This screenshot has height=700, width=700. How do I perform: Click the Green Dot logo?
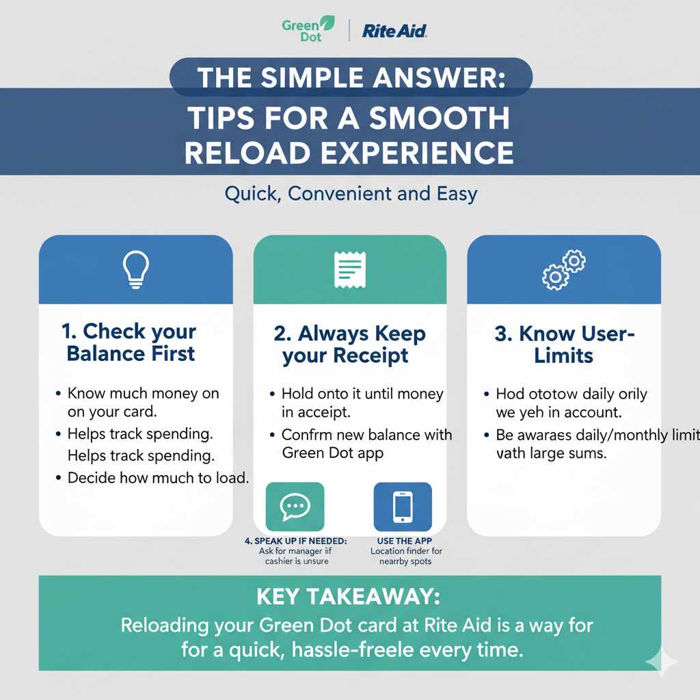coord(308,29)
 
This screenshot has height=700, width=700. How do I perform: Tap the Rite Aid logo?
coord(394,30)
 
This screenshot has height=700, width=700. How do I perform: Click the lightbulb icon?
coord(135,269)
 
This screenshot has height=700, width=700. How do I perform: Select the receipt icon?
coord(349,269)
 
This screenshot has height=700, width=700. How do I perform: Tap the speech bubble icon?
coord(295,507)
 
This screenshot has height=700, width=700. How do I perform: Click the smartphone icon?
coord(403,507)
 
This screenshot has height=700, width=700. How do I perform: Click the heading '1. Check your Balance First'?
coord(130,342)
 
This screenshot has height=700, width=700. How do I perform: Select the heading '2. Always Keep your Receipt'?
coord(349,345)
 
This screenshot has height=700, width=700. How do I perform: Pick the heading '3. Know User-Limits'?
coord(564,345)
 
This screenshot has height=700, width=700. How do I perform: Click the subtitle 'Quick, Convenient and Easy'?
coord(350,193)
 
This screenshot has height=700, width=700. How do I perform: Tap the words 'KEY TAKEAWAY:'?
coord(349,597)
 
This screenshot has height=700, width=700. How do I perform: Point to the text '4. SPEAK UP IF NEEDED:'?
coord(295,541)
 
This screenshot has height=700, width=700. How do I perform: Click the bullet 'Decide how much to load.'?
coord(157,477)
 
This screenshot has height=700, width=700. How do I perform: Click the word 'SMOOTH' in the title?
coord(439,118)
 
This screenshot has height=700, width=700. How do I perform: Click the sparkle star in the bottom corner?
coord(661,661)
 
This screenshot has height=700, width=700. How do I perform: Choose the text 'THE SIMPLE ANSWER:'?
coord(350,77)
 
